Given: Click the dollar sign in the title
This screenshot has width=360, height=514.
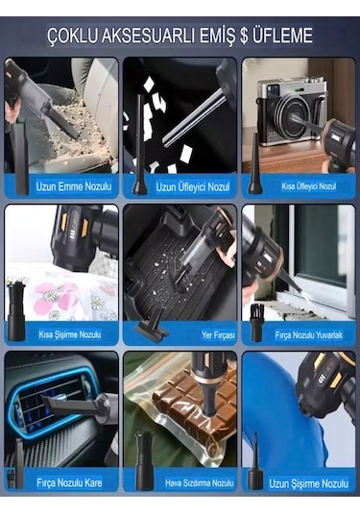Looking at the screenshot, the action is pos(244,36).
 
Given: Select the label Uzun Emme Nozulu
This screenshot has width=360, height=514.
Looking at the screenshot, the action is pos(74,186).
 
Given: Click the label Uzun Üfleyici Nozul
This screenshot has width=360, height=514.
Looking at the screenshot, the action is pos(193,187).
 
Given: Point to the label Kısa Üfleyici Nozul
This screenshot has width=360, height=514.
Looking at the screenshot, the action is pos(308,186).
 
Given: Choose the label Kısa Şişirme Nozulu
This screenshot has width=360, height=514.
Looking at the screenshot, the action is pos(70,334).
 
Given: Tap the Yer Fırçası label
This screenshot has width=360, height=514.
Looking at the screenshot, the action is pos(218,335).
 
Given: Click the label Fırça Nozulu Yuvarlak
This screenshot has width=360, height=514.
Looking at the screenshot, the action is pos(308,335).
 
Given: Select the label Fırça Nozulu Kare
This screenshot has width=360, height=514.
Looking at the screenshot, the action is pos(69,482).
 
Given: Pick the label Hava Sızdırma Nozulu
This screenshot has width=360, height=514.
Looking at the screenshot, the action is pos(199,483).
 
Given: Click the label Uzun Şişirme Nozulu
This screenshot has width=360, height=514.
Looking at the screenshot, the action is pos(308,483).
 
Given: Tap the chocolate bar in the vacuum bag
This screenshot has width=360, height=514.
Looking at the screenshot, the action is pos(197,406).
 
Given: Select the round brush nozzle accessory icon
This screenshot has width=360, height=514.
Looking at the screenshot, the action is pos(256,323).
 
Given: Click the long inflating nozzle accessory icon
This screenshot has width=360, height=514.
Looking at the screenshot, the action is pos(255,461).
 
